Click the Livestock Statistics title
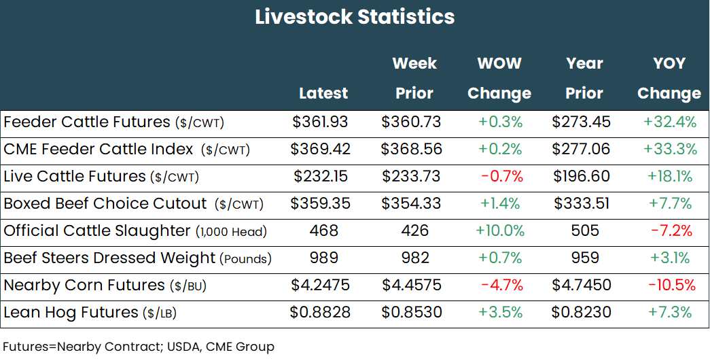coord(355,17)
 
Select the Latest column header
coord(323,93)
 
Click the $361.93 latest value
coord(320,122)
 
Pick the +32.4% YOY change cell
coord(669,122)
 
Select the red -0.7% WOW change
coord(501,177)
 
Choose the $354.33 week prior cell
coord(411,204)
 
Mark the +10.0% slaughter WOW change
coord(500,231)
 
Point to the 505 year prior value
coord(584,231)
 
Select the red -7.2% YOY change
coord(671,231)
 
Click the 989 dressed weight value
coord(323,258)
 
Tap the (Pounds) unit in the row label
coord(245,259)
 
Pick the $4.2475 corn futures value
coord(320,286)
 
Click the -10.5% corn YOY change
coord(671,286)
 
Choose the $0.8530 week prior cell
coord(411,313)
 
